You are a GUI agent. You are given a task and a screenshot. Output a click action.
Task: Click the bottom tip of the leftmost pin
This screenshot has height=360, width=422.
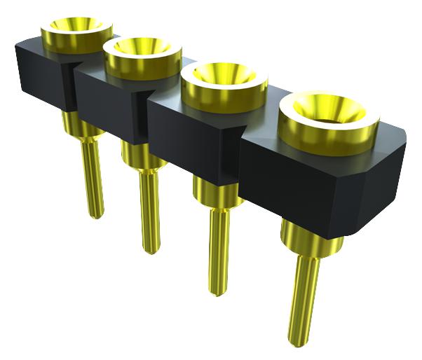pyautogui.click(x=97, y=214)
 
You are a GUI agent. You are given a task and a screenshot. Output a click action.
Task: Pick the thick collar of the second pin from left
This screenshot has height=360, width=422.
pyautogui.click(x=143, y=155)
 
